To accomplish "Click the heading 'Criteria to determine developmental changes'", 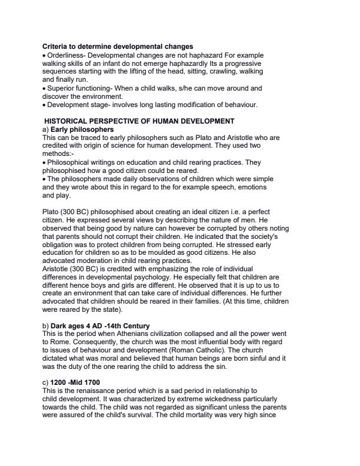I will pyautogui.click(x=118, y=46).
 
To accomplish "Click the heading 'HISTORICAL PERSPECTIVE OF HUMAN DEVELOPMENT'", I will pyautogui.click(x=139, y=121).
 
